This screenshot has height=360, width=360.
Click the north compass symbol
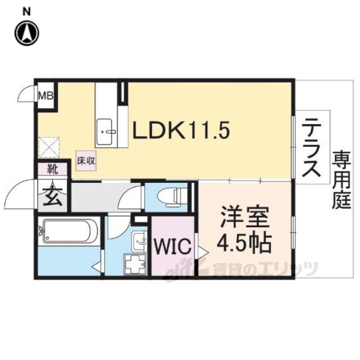point(27,33)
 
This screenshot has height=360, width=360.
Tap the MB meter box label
point(46,96)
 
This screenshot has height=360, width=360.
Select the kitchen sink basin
point(104,132)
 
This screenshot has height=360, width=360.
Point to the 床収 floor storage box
point(86,161)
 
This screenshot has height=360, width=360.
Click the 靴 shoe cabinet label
point(52,169)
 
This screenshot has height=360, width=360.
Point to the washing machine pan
point(135,264)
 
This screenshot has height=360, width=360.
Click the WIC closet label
point(173,246)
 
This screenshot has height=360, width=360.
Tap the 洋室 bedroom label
point(245,217)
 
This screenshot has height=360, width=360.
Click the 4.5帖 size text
point(244,243)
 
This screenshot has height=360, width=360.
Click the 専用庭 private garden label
point(341,179)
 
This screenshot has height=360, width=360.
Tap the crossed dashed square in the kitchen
point(49,147)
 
